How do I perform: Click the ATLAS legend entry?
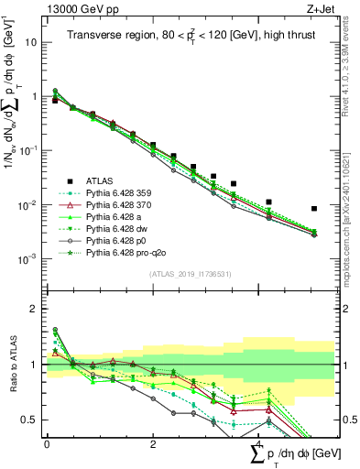tap(101, 180)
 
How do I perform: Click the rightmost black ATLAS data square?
tap(314, 209)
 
